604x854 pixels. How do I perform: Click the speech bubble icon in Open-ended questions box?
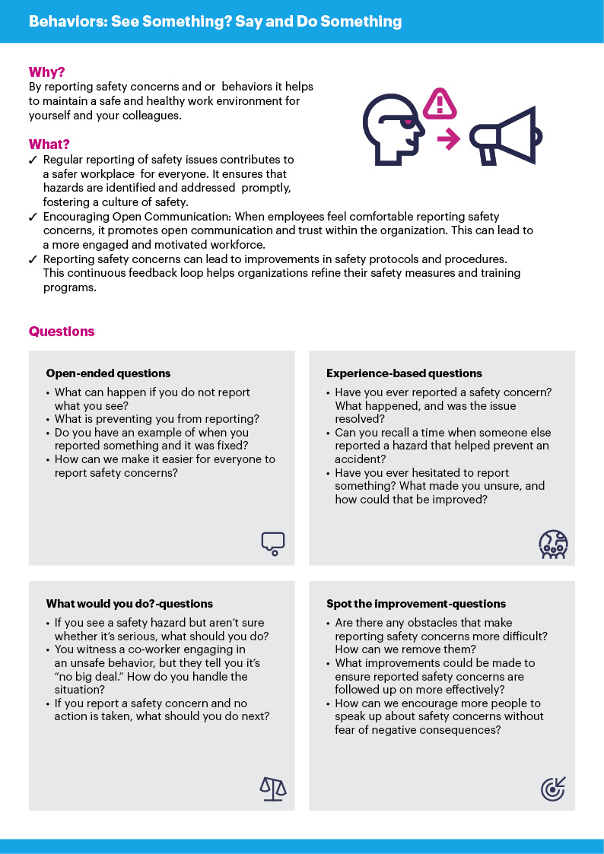272,541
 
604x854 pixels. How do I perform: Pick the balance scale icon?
272,789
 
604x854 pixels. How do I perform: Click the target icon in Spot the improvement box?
553,789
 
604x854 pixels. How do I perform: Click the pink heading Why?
46,73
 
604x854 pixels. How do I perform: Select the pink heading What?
49,144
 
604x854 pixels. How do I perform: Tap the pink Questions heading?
62,332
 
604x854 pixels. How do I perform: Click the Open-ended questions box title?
108,373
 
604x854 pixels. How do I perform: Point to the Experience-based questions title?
404,373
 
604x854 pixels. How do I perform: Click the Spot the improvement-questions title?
416,604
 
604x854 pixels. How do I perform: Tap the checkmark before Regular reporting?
33,160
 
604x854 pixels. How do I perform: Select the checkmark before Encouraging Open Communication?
33,217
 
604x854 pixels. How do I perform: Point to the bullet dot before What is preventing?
49,419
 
